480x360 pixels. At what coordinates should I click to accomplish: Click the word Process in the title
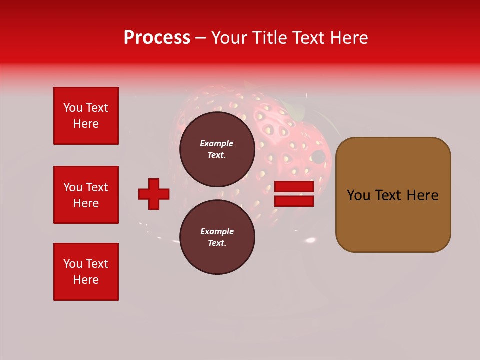coord(157,38)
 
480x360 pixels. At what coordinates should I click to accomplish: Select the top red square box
coord(86,116)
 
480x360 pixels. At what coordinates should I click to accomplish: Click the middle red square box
coord(86,195)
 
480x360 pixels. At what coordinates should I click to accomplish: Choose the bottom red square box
coord(86,272)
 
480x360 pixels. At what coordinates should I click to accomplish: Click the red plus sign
coord(154,194)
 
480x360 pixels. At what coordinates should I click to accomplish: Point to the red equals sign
coord(294,194)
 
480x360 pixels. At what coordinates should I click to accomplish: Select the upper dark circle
coord(217,149)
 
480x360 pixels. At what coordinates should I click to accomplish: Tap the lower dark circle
coord(217,237)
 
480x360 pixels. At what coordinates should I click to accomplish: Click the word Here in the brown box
coord(422,195)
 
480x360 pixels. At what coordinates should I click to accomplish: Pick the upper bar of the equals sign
coord(294,187)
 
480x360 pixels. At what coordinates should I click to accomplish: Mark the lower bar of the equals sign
coord(294,201)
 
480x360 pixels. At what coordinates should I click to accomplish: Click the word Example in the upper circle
coord(217,143)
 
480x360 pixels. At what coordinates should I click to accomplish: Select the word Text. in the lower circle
coord(217,243)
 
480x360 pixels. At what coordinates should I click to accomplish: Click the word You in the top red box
coord(72,108)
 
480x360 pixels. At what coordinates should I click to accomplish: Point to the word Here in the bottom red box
coord(86,280)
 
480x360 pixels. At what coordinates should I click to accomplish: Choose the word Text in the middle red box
coord(97,187)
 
